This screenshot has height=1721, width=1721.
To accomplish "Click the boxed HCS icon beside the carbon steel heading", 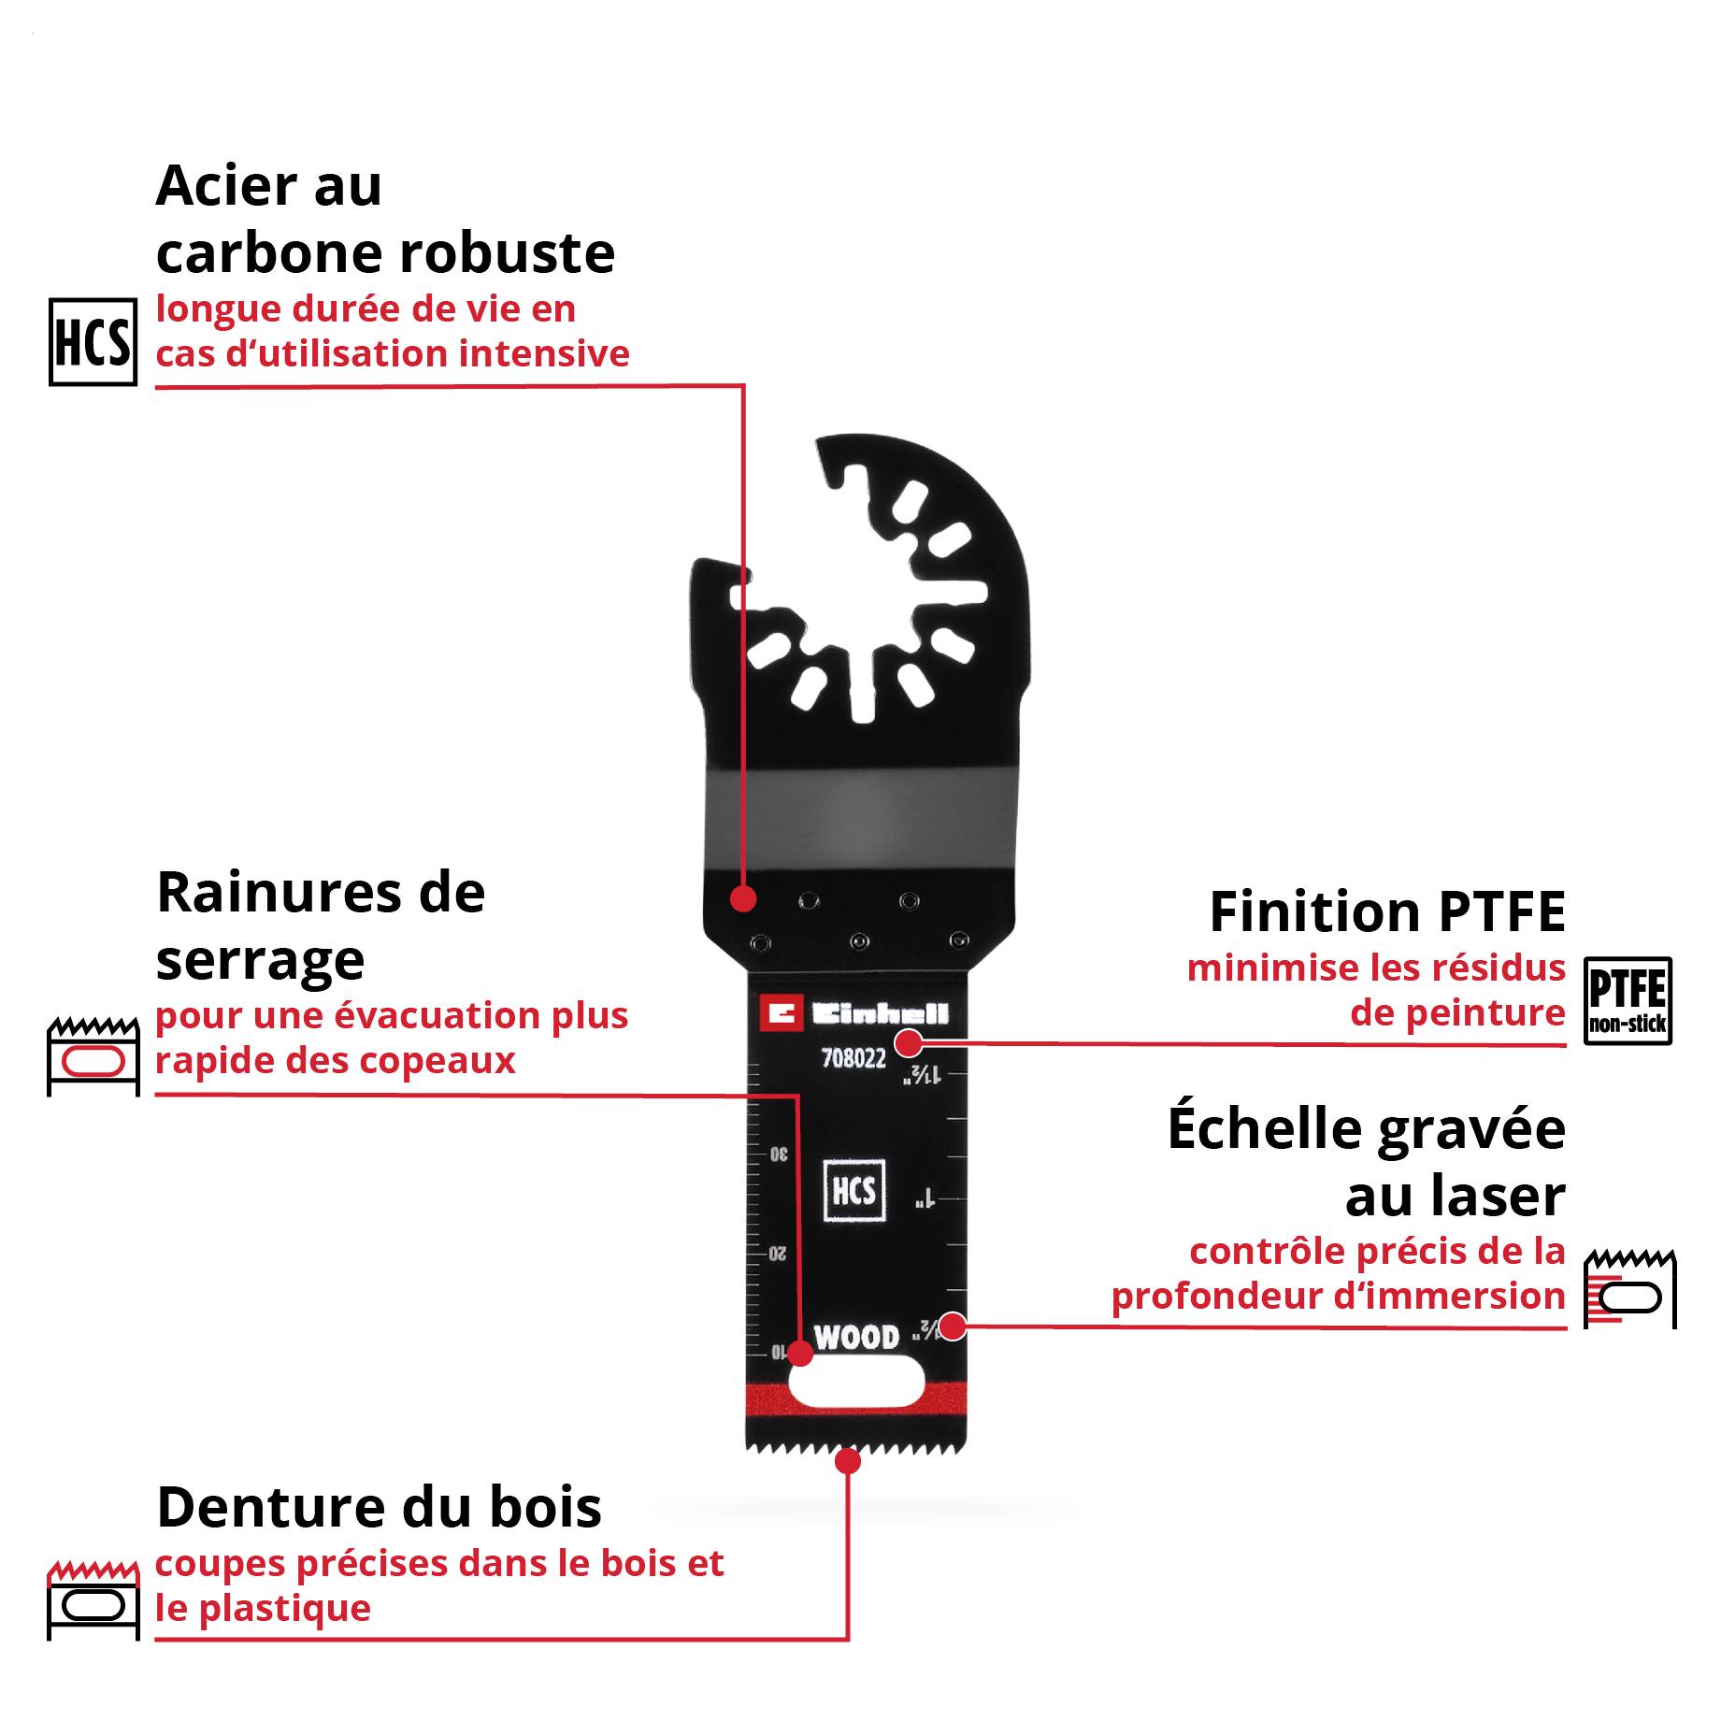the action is click(93, 341).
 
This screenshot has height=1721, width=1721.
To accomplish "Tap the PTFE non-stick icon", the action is click(1628, 1000).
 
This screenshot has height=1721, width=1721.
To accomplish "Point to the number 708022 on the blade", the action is click(853, 1058).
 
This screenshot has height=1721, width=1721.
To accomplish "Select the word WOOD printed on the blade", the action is click(856, 1338).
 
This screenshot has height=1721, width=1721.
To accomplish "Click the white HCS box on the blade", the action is click(853, 1191).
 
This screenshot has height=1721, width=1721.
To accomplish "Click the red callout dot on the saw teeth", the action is click(848, 1461).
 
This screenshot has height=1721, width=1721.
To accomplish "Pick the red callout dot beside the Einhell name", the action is click(909, 1042).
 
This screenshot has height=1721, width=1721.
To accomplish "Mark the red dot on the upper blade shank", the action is click(743, 898).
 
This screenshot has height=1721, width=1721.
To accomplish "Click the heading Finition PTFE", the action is click(1387, 911).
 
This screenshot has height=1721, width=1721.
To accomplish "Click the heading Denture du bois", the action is click(379, 1507).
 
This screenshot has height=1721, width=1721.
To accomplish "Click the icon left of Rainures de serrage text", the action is click(93, 1055).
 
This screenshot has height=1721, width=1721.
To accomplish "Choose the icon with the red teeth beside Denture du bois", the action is click(93, 1599).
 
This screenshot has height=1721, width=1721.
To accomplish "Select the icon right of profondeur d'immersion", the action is click(1629, 1287).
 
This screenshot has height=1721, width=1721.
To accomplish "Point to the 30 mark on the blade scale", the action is click(779, 1155).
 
